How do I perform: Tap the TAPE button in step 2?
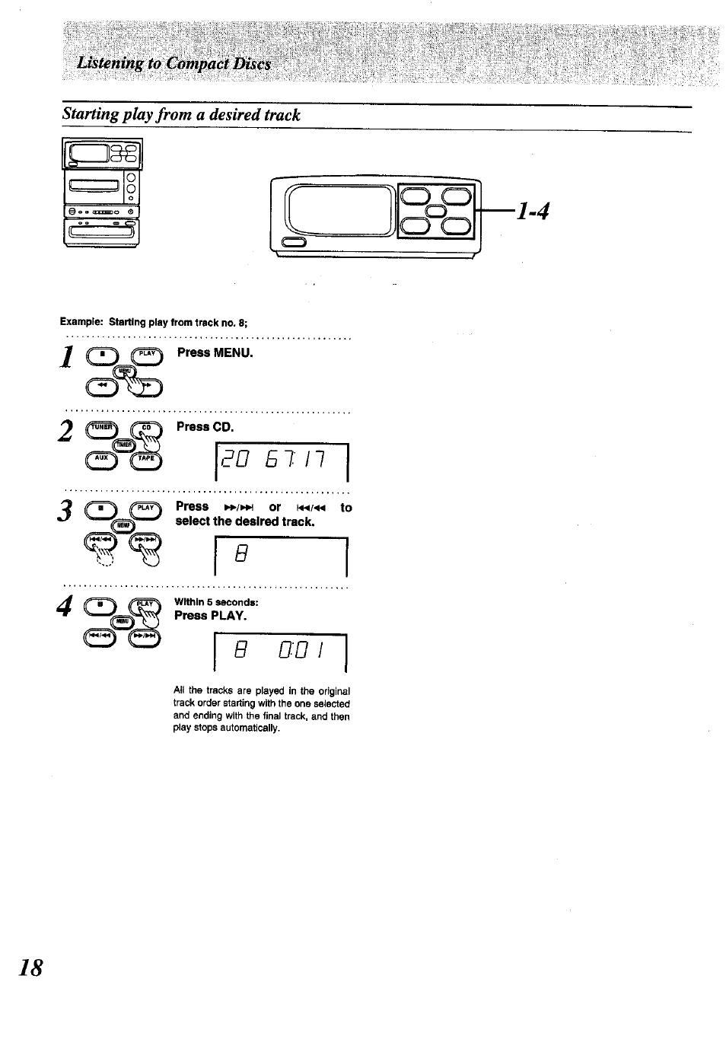point(147,458)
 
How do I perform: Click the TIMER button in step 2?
point(123,445)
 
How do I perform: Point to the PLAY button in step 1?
point(147,354)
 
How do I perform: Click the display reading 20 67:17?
point(282,462)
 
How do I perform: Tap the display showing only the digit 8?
point(281,557)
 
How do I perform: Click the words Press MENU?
point(215,353)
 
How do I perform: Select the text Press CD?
point(205,427)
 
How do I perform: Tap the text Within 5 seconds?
point(216,603)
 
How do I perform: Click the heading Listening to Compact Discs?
point(174,64)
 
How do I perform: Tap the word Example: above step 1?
point(82,323)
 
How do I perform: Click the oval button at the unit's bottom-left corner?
point(294,243)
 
